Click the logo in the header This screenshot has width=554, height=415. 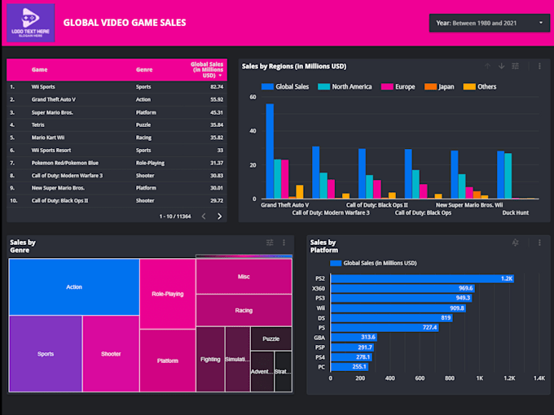(x=30, y=23)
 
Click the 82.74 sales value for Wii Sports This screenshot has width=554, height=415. (x=216, y=86)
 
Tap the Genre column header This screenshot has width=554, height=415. (x=143, y=70)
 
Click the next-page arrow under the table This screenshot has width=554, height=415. (x=219, y=216)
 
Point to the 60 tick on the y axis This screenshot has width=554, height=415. (x=253, y=98)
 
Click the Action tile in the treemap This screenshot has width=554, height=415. (x=73, y=287)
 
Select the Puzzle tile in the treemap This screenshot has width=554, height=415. (x=271, y=339)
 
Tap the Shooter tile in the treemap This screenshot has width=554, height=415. (x=111, y=354)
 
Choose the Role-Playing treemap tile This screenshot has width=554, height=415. (x=167, y=294)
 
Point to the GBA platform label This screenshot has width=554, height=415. (x=319, y=337)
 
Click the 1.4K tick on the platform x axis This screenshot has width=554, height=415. (x=539, y=378)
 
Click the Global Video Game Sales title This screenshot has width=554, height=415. (x=124, y=23)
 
